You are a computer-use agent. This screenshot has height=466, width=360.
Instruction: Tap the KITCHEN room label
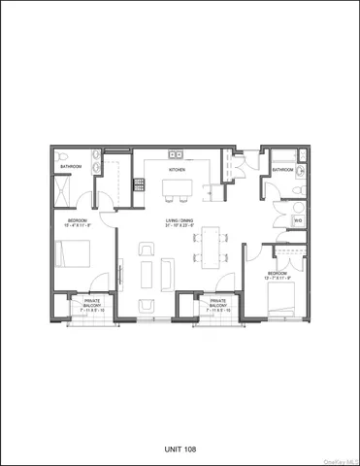177,170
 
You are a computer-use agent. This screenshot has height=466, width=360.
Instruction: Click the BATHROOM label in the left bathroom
71,166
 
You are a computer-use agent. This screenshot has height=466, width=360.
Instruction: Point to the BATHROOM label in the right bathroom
283,170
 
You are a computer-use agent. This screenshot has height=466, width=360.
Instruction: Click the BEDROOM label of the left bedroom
77,222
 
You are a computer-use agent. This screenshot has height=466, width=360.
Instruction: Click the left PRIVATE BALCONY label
91,304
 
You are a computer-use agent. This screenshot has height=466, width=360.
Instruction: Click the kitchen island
177,182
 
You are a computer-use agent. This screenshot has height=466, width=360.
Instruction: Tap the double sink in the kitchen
176,154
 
